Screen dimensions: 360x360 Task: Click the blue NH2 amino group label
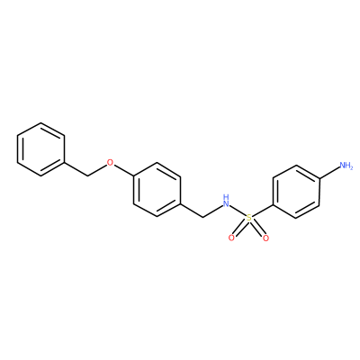point(346,166)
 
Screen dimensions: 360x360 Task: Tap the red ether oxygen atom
point(111,163)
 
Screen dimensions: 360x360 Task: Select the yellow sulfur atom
point(248,218)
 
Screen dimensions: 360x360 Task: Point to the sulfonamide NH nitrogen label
point(226,202)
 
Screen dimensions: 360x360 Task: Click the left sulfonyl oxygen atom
point(231,238)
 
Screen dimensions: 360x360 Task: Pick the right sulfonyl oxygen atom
point(265,238)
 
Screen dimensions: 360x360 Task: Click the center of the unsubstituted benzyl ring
point(40,149)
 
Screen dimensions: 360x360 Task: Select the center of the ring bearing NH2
point(296,192)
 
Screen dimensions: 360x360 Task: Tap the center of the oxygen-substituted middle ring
point(157,190)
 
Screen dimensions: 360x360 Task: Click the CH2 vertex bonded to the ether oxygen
point(87,176)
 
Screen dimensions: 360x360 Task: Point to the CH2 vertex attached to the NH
point(204,217)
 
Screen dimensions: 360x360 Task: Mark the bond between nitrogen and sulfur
point(238,210)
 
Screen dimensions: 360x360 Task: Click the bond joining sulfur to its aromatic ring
point(262,211)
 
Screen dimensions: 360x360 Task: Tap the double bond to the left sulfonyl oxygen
point(239,229)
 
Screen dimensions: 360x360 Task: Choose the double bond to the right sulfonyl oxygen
point(257,229)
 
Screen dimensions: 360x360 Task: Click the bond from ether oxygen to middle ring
point(124,169)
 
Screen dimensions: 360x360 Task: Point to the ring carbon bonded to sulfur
point(273,205)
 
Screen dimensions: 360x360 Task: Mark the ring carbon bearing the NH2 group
point(319,178)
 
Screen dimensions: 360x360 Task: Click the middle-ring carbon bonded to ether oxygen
point(134,176)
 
